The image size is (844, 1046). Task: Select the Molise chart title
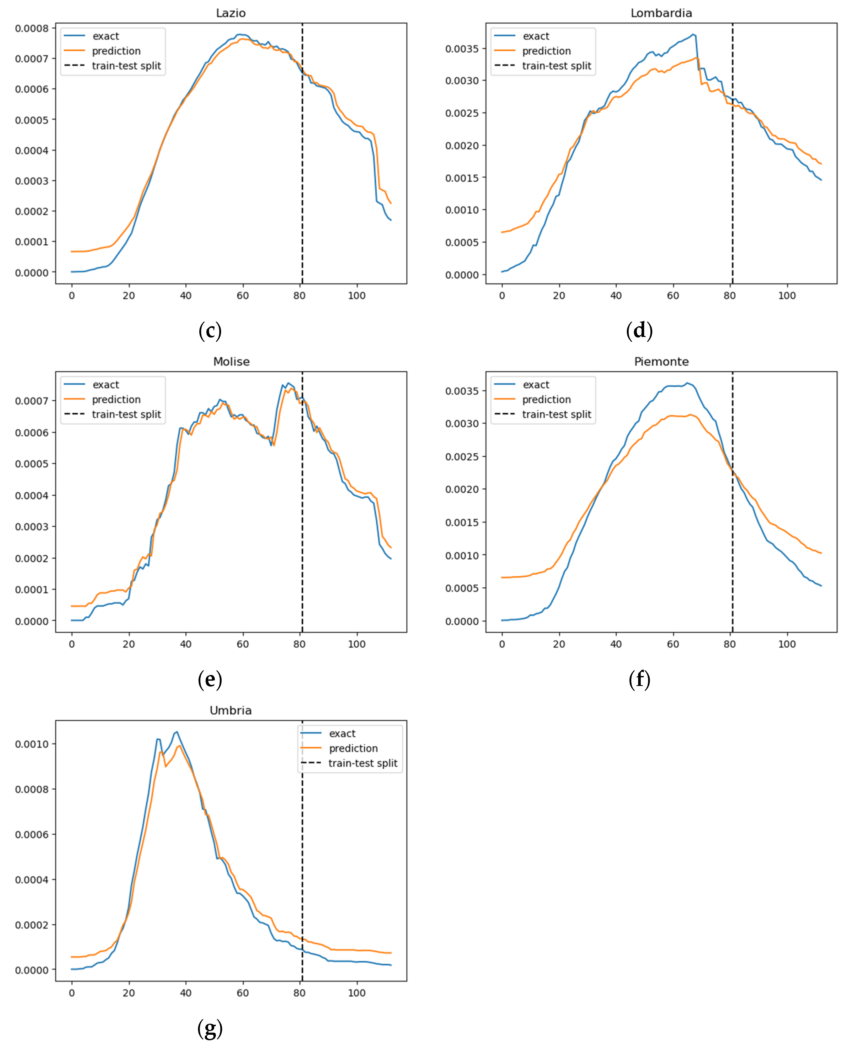click(x=231, y=362)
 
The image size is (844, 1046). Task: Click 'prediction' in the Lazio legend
click(x=116, y=51)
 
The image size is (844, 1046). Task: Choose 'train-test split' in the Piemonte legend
click(x=556, y=414)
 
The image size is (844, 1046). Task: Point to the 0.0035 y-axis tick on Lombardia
click(x=462, y=49)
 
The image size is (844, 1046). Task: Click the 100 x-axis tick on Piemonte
click(x=787, y=644)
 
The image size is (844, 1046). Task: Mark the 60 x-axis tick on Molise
click(x=243, y=644)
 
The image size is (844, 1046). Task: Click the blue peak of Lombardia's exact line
click(x=693, y=35)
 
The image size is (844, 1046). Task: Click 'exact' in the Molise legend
click(x=105, y=384)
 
